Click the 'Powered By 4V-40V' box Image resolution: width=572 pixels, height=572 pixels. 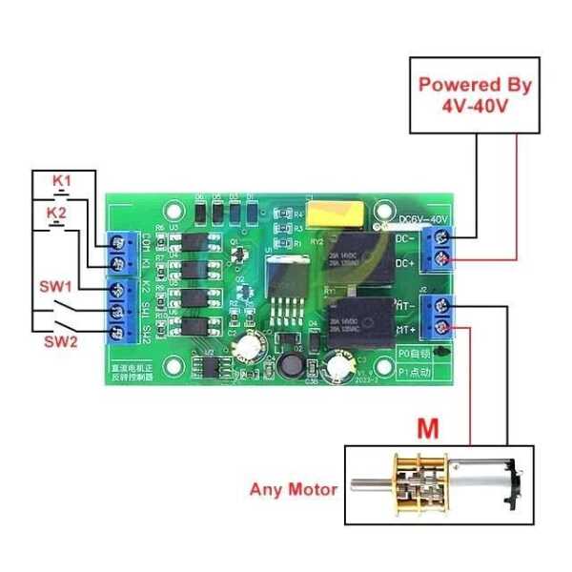click(x=473, y=94)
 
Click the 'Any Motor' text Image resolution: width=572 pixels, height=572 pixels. click(x=294, y=489)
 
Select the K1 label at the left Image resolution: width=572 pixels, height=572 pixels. click(x=61, y=180)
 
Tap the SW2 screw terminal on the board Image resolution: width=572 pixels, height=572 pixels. click(x=121, y=332)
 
